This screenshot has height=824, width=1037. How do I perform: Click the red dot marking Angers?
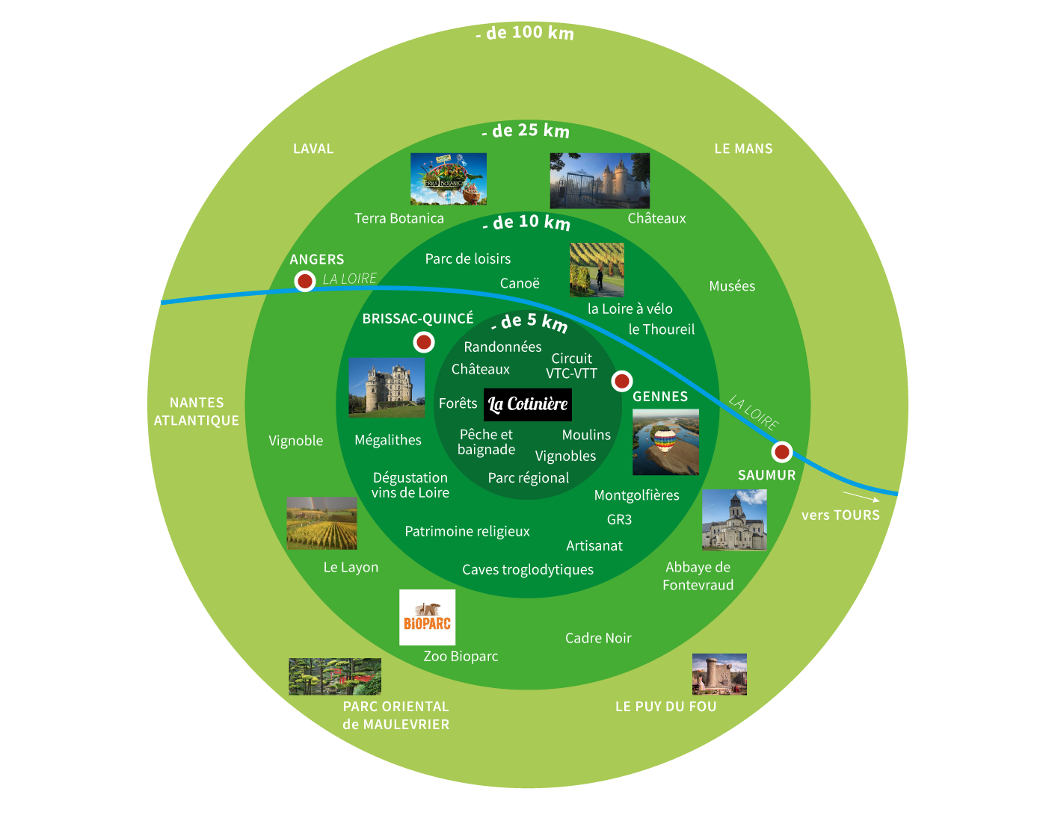(304, 281)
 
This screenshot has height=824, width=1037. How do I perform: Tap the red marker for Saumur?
(781, 452)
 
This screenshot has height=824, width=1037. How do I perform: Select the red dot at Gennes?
(621, 382)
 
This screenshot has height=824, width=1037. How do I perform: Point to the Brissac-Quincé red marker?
(424, 342)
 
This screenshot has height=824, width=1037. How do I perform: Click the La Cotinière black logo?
(528, 405)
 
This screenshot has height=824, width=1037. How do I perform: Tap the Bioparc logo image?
(427, 617)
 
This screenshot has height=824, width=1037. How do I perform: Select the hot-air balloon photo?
(665, 442)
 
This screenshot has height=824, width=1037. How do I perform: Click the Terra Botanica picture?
(448, 179)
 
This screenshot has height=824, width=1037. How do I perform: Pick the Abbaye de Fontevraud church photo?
(734, 520)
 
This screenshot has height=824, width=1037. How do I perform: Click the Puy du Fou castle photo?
(719, 675)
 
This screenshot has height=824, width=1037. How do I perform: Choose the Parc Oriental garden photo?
(335, 677)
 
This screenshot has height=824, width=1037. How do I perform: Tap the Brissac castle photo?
(387, 387)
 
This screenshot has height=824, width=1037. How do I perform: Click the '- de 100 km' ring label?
(525, 34)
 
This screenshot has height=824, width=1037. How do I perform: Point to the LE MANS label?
(743, 149)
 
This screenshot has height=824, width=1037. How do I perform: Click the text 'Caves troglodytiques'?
(528, 570)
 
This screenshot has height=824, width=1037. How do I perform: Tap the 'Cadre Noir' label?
(598, 638)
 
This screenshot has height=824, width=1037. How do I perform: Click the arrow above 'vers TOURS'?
(861, 497)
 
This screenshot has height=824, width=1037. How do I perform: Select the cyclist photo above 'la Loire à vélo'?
(597, 270)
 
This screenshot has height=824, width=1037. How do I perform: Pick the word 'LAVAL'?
(313, 149)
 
